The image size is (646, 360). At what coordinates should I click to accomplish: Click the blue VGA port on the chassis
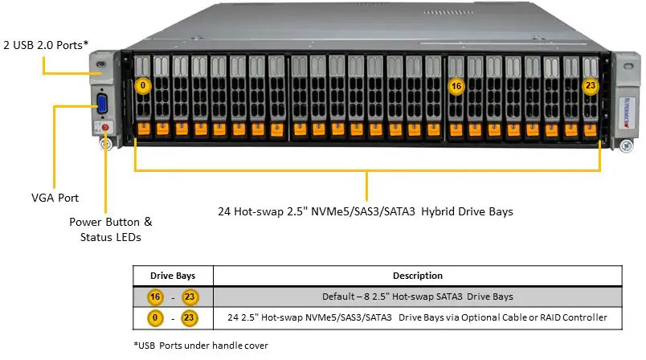click(x=102, y=104)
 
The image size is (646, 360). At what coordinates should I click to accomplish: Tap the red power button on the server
click(x=105, y=127)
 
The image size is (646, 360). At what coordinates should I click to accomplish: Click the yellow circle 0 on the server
click(x=143, y=85)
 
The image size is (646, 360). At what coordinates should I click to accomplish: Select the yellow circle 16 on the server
click(x=456, y=85)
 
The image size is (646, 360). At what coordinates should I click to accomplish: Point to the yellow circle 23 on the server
click(x=591, y=85)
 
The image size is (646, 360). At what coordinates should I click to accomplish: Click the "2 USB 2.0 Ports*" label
click(x=46, y=45)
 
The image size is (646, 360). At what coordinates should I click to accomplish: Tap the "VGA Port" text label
click(x=55, y=197)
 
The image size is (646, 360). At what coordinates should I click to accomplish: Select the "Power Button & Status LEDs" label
click(x=110, y=229)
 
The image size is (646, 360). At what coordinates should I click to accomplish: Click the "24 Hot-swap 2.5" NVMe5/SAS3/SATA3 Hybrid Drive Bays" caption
click(x=366, y=212)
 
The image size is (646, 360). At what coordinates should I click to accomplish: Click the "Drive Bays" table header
click(x=173, y=276)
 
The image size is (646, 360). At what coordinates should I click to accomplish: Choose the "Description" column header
click(x=417, y=276)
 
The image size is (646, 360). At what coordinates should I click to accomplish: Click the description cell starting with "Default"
click(x=417, y=297)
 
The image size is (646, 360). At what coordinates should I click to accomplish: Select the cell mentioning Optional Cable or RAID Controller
click(x=417, y=318)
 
